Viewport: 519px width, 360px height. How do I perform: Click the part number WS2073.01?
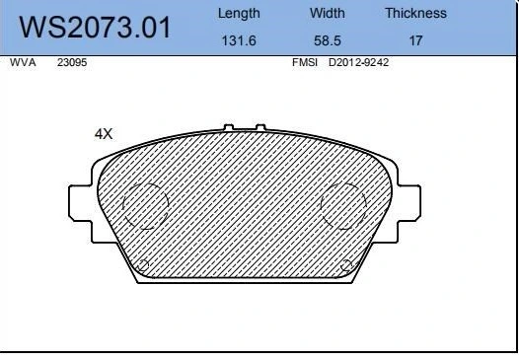[95, 28]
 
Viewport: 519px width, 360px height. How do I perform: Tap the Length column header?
[239, 14]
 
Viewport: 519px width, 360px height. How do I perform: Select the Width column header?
[327, 13]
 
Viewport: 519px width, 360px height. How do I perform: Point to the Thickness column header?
[415, 13]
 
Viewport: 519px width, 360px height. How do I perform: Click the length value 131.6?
[239, 40]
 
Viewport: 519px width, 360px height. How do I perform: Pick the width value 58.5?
[327, 40]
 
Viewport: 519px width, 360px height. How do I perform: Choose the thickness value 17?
[415, 40]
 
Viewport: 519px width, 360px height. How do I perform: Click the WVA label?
[23, 62]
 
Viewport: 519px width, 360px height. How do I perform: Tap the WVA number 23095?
[72, 62]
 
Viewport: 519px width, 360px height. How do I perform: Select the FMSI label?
[305, 62]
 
